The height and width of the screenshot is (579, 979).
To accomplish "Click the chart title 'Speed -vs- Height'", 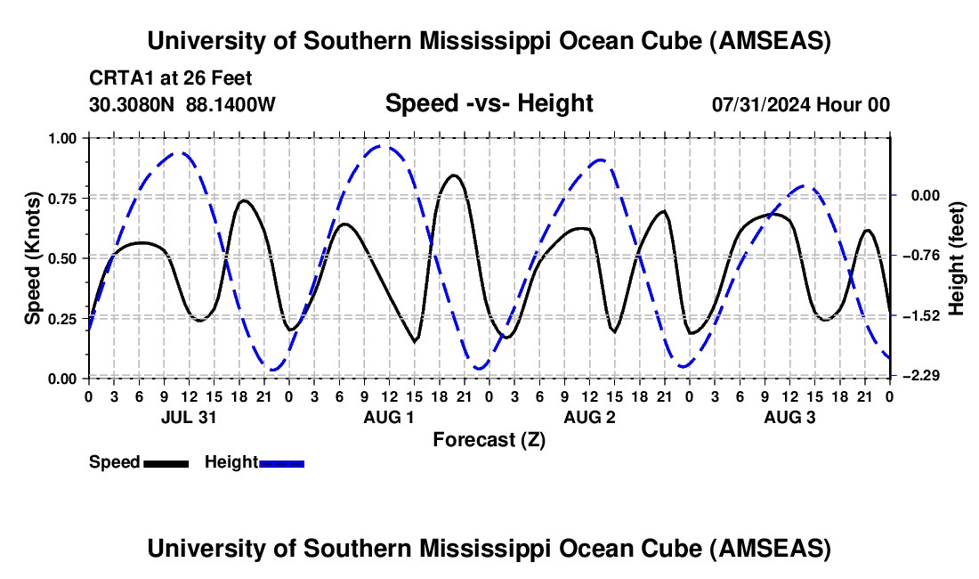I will tap(489, 103).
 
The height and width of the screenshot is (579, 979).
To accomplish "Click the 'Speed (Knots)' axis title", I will tap(33, 258).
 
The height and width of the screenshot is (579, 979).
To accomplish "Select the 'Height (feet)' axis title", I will tap(957, 258).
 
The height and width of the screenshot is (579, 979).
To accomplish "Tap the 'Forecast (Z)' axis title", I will tap(489, 439).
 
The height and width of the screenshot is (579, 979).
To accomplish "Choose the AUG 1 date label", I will tap(388, 417).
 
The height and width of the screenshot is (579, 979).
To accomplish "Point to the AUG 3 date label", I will tap(789, 417).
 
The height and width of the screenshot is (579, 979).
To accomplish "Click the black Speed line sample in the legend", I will tap(166, 462).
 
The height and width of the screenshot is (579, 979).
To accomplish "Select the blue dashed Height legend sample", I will tap(281, 462).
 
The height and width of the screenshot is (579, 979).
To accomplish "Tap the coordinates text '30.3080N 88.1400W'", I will tap(182, 104).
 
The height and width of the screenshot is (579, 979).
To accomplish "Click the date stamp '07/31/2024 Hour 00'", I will tap(800, 104).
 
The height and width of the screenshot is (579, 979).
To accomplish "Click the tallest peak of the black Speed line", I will tap(455, 175).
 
